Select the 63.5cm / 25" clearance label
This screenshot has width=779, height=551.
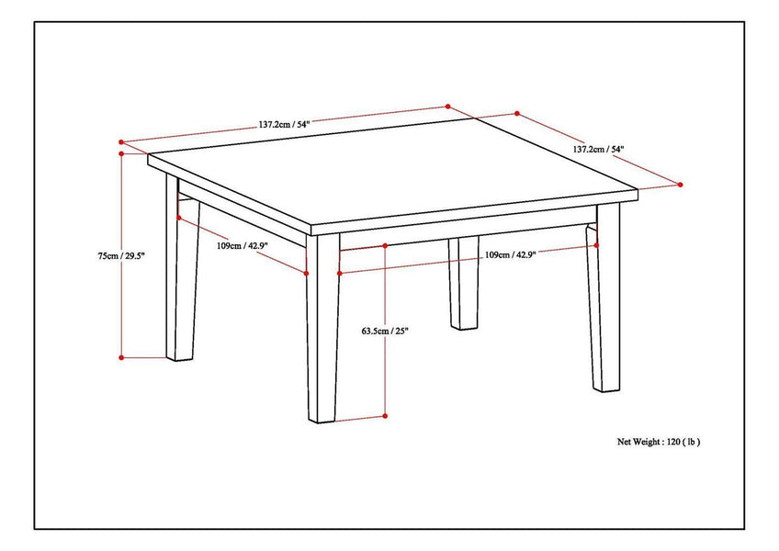coord(385,330)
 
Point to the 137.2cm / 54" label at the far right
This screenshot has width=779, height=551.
coord(599,149)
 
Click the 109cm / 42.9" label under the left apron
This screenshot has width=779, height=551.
coord(242,245)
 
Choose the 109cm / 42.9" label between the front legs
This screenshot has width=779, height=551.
coord(510,254)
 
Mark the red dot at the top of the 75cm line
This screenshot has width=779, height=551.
coord(120,155)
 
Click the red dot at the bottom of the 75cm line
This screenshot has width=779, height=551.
coord(120,356)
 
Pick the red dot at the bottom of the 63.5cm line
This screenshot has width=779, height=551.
coord(385,416)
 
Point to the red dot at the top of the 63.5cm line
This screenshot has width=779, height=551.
coord(385,246)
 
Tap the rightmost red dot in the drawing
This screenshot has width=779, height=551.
coord(680,185)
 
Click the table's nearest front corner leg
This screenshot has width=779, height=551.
coord(322,331)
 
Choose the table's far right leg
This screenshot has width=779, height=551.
coord(605,303)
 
